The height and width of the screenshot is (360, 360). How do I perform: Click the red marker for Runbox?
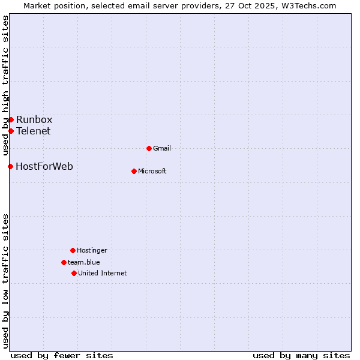[x=11, y=119]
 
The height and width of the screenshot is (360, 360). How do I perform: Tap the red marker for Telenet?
[x=11, y=131]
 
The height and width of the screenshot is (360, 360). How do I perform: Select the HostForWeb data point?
[x=10, y=166]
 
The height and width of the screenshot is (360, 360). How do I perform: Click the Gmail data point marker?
[x=149, y=148]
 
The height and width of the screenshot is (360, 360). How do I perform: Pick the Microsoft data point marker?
[x=134, y=171]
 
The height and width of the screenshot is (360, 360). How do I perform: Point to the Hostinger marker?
[x=73, y=250]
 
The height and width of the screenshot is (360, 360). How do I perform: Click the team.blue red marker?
[x=64, y=262]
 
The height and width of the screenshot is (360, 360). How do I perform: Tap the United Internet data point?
[x=74, y=273]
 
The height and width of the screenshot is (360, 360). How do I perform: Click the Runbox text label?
[x=34, y=119]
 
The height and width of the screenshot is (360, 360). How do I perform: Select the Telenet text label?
[x=33, y=131]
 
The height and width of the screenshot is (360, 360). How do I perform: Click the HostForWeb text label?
[x=44, y=166]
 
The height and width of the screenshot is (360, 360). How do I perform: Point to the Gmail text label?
[x=162, y=148]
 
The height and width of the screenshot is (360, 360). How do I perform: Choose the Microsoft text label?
[x=152, y=171]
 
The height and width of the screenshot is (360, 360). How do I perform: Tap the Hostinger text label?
[x=92, y=250]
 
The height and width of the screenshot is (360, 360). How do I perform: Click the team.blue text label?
[x=84, y=262]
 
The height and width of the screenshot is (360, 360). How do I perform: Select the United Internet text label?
[x=103, y=273]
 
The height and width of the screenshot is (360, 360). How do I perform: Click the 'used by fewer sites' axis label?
[x=62, y=355]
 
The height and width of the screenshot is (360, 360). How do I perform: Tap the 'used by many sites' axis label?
[x=301, y=355]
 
